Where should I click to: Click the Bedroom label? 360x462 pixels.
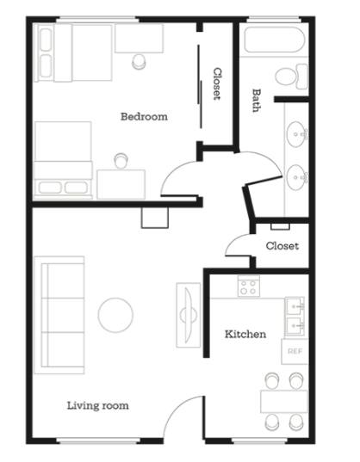144,116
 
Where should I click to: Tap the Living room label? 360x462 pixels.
98,406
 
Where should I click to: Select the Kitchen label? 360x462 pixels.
245,334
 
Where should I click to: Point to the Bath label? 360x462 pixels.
256,101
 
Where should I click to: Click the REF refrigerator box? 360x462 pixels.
295,352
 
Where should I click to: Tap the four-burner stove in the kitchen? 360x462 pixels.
249,286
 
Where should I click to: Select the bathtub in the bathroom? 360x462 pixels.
274,40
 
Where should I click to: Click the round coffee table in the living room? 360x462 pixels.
115,315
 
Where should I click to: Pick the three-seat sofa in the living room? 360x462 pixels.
59,315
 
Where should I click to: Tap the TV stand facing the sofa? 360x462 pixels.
189,315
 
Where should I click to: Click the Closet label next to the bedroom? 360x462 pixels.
217,84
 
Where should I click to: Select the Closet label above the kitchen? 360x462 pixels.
282,246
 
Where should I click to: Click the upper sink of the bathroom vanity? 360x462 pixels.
296,134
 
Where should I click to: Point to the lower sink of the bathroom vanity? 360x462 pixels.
296,177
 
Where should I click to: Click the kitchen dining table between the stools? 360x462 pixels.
284,402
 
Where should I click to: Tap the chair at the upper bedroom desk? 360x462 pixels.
139,62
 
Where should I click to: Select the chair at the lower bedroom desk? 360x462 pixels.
121,161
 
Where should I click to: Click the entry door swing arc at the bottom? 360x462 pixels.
177,410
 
